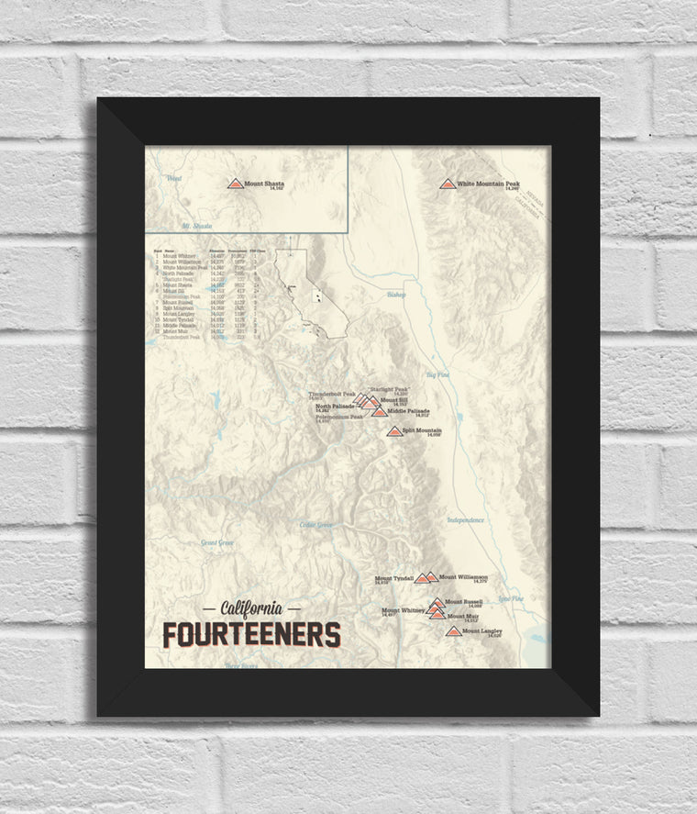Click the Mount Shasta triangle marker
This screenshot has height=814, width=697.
coord(236,184)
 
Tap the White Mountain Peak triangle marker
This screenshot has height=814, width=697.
coord(448,184)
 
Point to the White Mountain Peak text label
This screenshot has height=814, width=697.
coord(488,184)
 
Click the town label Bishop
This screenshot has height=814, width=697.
coord(396,295)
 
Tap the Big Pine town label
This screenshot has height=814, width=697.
coord(438,374)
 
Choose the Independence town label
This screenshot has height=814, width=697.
coord(465,520)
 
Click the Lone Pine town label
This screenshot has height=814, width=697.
coord(511,598)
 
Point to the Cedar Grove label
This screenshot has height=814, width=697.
coord(316,525)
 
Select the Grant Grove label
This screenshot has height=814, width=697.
coord(218,543)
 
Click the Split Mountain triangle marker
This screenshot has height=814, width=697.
coord(394,431)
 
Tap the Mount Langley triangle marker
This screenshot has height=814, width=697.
coord(453,631)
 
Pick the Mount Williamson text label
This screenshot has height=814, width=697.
coord(463,577)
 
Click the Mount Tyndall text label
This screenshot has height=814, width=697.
coord(394,578)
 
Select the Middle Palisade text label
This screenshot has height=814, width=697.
coord(408,411)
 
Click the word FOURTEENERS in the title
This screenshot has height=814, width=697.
coord(251,635)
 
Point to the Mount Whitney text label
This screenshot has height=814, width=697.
coord(403,610)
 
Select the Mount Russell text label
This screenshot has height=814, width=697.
coord(464,602)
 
